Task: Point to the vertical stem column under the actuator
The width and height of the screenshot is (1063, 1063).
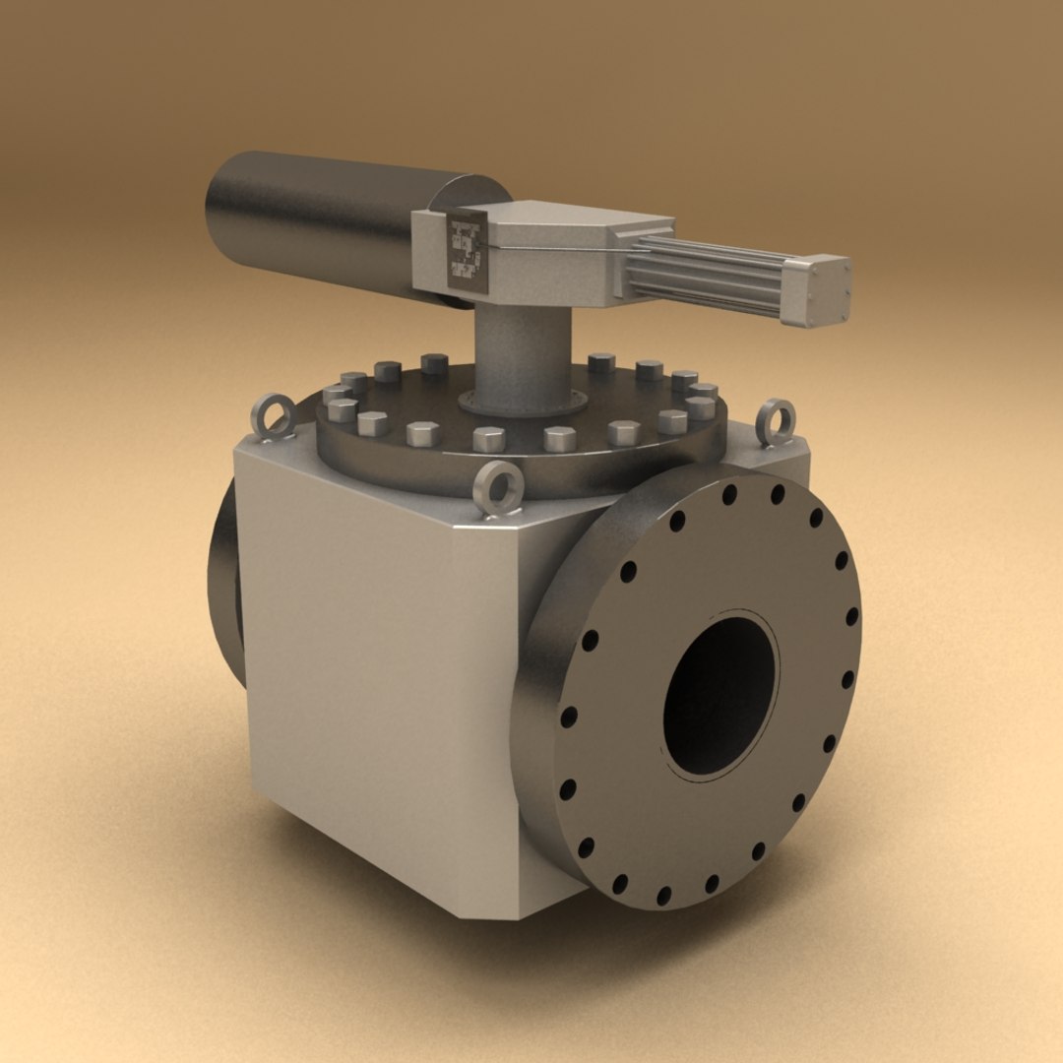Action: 523,349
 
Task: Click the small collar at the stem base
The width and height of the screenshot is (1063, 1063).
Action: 523,402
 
